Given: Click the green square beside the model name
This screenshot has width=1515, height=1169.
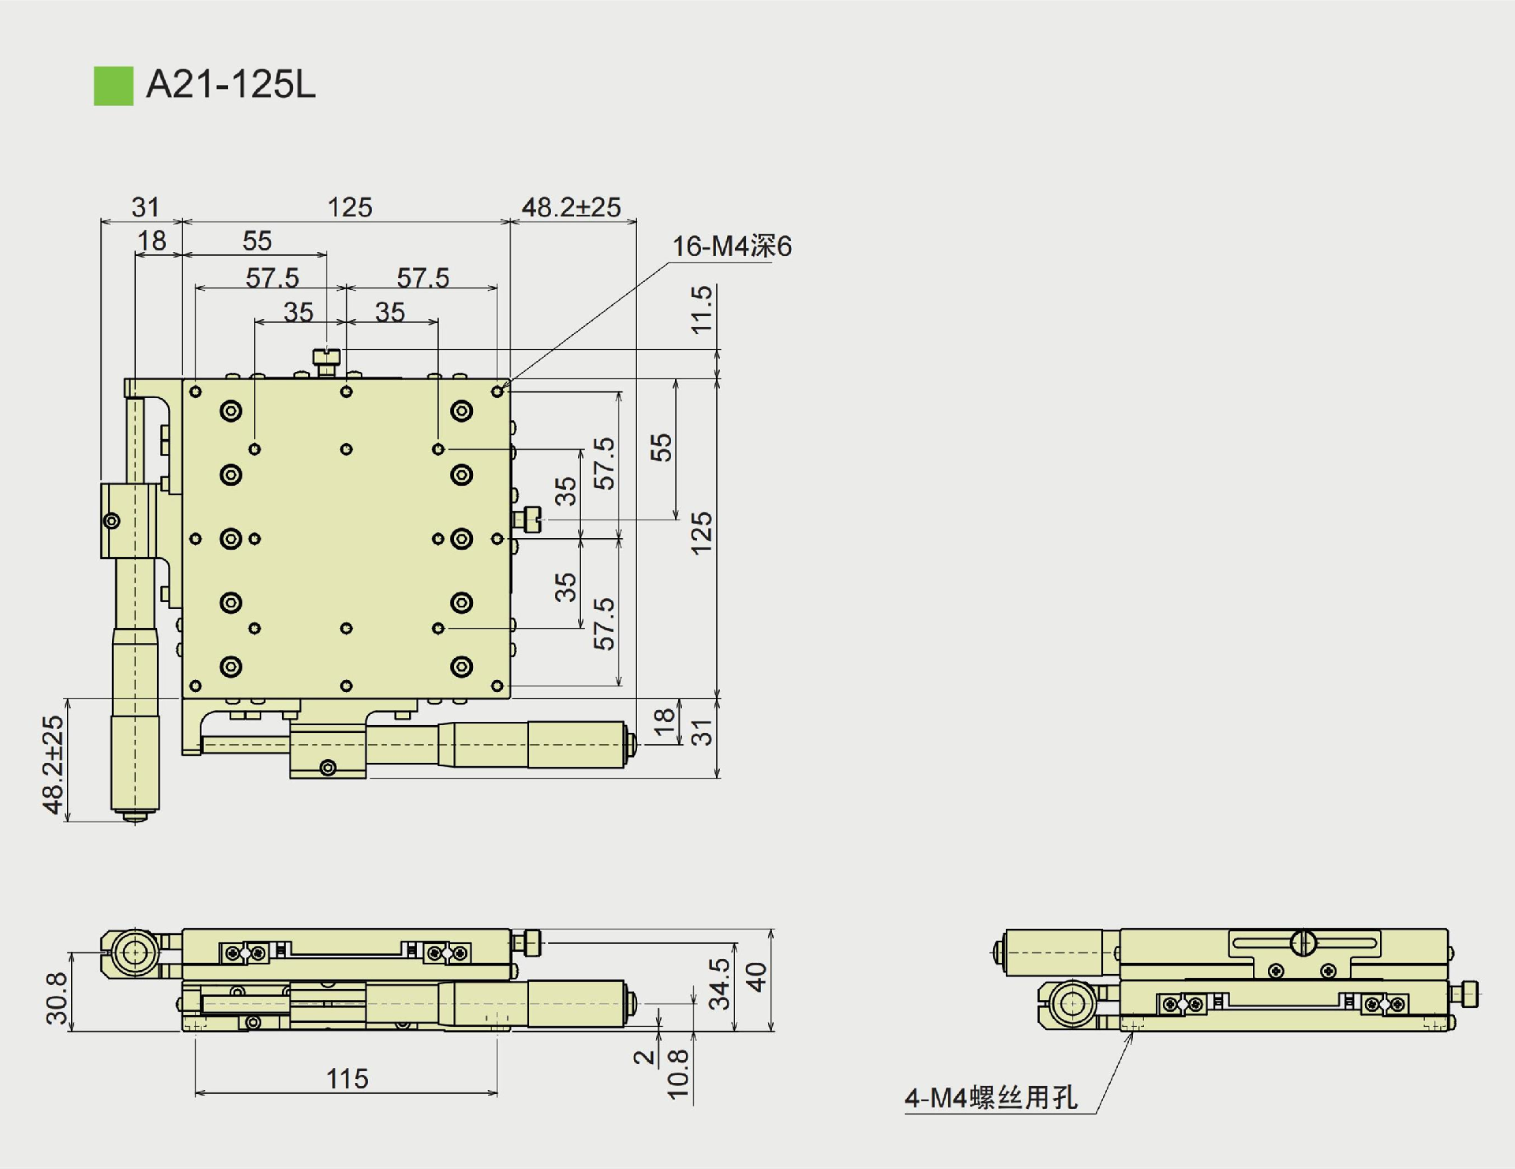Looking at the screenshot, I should pos(114,85).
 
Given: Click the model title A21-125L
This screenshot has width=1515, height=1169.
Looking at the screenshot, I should pos(231,84).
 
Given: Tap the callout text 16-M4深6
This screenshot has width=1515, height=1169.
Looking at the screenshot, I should pos(731,246).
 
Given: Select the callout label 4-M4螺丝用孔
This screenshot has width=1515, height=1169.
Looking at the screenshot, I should pos(991,1097).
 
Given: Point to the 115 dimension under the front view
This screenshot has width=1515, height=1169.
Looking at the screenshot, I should pos(347,1078).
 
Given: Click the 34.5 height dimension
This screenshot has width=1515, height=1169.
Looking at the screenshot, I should pos(719,983).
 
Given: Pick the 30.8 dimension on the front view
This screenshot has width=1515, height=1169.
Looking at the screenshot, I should pos(57,998).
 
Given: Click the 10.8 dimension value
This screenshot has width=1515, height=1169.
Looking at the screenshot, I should pos(678,1074).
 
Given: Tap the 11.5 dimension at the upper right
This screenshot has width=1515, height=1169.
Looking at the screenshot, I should pos(701,310).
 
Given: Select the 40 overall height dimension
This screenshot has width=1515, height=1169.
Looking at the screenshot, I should pos(756,977).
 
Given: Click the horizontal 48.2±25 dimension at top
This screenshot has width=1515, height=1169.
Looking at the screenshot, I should pos(571,207).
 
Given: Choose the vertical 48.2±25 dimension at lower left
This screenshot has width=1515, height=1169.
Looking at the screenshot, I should pos(53,764).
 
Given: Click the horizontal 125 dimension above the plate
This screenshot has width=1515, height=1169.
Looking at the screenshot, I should pos(349,207).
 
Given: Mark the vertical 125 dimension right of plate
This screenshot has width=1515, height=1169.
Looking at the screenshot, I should pos(701,533).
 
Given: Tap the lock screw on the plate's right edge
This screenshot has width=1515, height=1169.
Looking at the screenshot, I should pos(527,520).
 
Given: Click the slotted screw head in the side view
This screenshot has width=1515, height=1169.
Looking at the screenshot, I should pos(1303,942).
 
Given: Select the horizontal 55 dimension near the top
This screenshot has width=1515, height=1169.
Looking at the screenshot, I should pos(257,240).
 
